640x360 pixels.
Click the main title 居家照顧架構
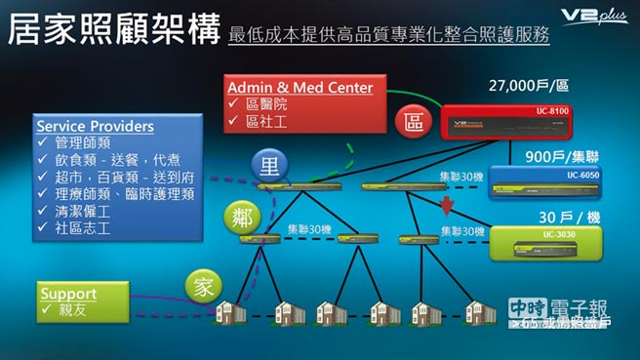(x=109, y=29)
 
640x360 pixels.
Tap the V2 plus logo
(x=593, y=16)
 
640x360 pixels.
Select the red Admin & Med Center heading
(x=300, y=88)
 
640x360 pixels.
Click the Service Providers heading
(x=95, y=127)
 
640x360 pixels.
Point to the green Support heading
(x=67, y=293)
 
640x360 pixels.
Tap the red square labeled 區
(x=411, y=123)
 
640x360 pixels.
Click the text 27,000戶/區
(x=528, y=86)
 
